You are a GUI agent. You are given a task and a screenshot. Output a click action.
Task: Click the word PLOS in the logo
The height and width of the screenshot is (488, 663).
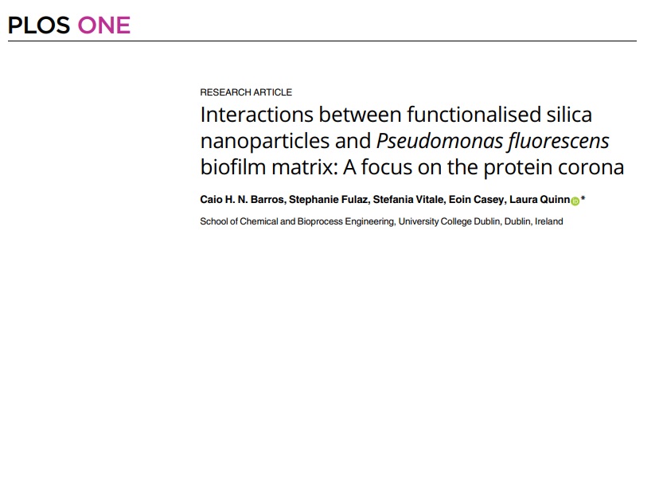[x=39, y=25]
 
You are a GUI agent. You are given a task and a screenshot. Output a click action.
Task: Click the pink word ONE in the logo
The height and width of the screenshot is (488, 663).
[x=103, y=25]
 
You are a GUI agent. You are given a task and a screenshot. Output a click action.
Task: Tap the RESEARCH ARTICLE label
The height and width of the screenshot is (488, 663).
[x=246, y=92]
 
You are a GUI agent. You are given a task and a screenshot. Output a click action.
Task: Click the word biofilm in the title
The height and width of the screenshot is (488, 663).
[x=232, y=168]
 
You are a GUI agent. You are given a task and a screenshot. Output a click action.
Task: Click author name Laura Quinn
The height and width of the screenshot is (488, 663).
[x=539, y=200]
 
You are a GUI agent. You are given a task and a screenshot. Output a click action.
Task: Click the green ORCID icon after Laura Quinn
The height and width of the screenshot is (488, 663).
[x=575, y=201]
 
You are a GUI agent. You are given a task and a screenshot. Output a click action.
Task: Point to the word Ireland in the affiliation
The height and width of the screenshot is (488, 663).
[x=548, y=221]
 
